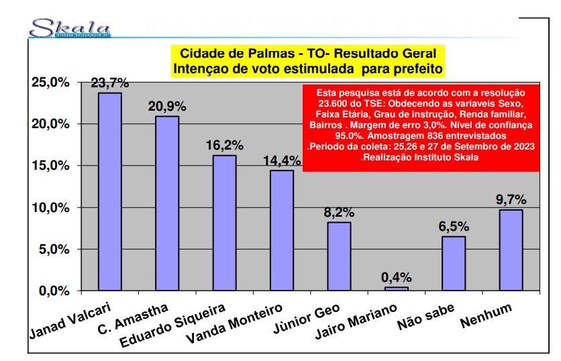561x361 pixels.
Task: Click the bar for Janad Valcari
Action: click(x=110, y=192)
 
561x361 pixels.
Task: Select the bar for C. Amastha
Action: click(x=167, y=203)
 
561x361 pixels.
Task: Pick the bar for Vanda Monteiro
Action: click(x=282, y=230)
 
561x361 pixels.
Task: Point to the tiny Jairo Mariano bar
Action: click(x=397, y=289)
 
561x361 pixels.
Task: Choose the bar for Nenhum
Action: click(x=511, y=250)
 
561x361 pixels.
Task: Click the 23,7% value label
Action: click(x=110, y=83)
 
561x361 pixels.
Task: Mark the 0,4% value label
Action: click(x=397, y=278)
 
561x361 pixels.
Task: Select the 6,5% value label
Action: click(x=453, y=227)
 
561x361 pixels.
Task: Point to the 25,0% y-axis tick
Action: click(x=50, y=83)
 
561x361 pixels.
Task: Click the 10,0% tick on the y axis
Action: click(x=50, y=207)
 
